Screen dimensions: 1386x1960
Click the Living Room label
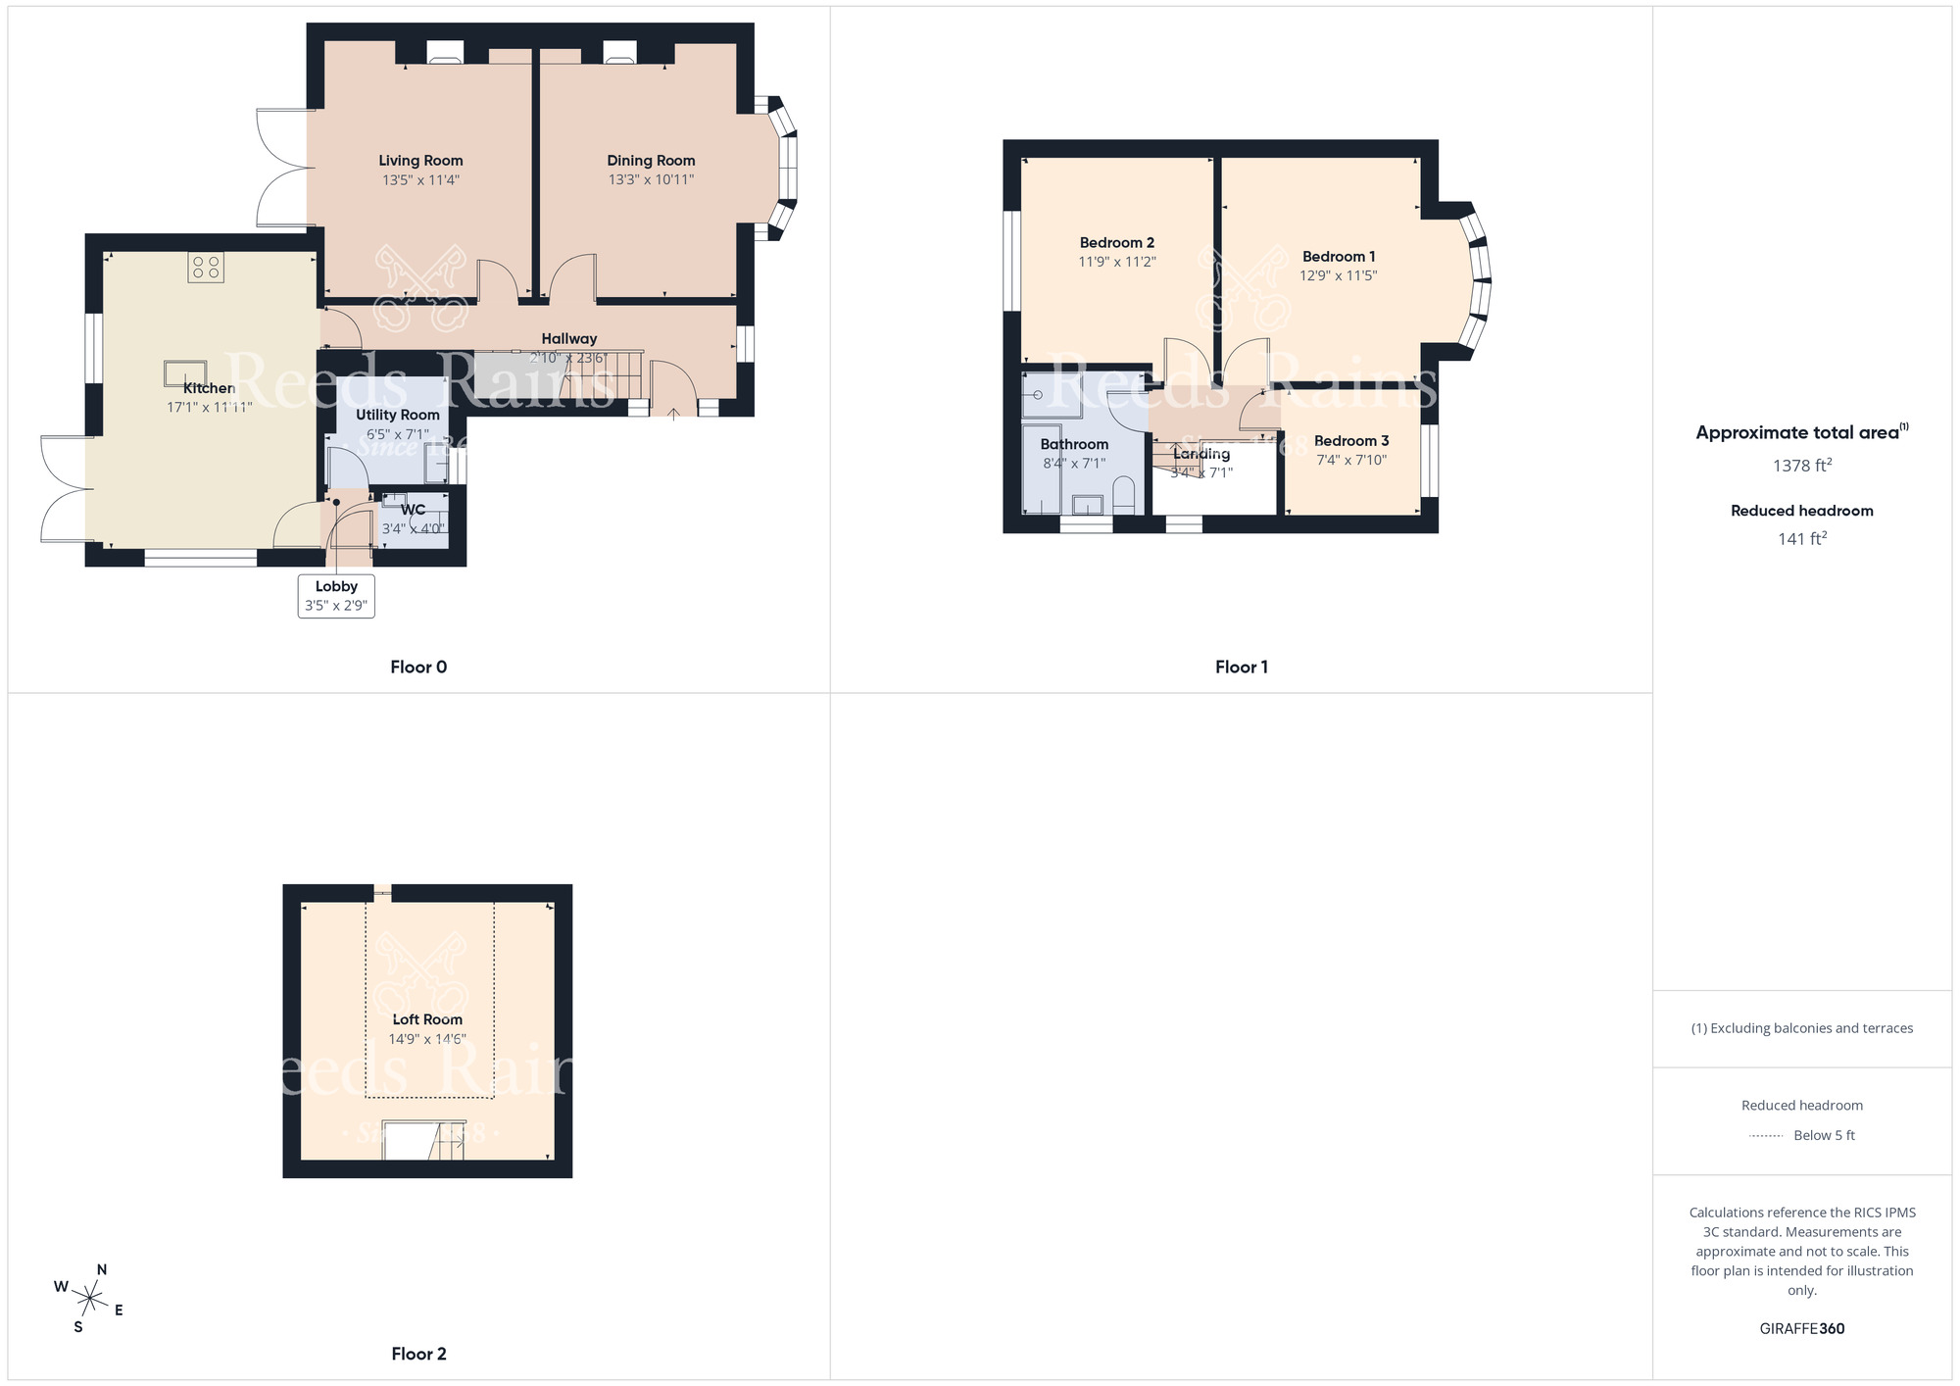pyautogui.click(x=420, y=161)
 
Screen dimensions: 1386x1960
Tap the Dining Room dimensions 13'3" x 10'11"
pyautogui.click(x=651, y=179)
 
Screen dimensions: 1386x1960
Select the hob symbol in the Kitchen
pyautogui.click(x=206, y=268)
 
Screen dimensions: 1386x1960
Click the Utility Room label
pyautogui.click(x=397, y=415)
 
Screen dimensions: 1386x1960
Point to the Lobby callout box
pyautogui.click(x=336, y=595)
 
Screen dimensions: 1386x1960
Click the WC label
pyautogui.click(x=413, y=510)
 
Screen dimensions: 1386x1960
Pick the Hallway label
pyautogui.click(x=568, y=338)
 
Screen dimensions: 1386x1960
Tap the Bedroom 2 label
pyautogui.click(x=1116, y=242)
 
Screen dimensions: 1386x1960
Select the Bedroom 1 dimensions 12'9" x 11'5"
pyautogui.click(x=1338, y=275)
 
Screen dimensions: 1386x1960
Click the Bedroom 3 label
pyautogui.click(x=1350, y=441)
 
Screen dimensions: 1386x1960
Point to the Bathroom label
pyautogui.click(x=1074, y=444)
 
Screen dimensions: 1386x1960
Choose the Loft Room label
pyautogui.click(x=427, y=1019)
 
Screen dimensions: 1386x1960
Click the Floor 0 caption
pyautogui.click(x=418, y=667)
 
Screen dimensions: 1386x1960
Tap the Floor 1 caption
pyautogui.click(x=1241, y=667)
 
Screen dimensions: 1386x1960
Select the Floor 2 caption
pyautogui.click(x=418, y=1354)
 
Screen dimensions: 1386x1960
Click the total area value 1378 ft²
pyautogui.click(x=1801, y=466)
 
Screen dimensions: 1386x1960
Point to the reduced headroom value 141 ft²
pyautogui.click(x=1801, y=538)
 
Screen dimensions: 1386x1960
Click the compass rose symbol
pyautogui.click(x=89, y=1300)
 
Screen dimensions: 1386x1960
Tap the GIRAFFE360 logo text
pyautogui.click(x=1801, y=1329)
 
